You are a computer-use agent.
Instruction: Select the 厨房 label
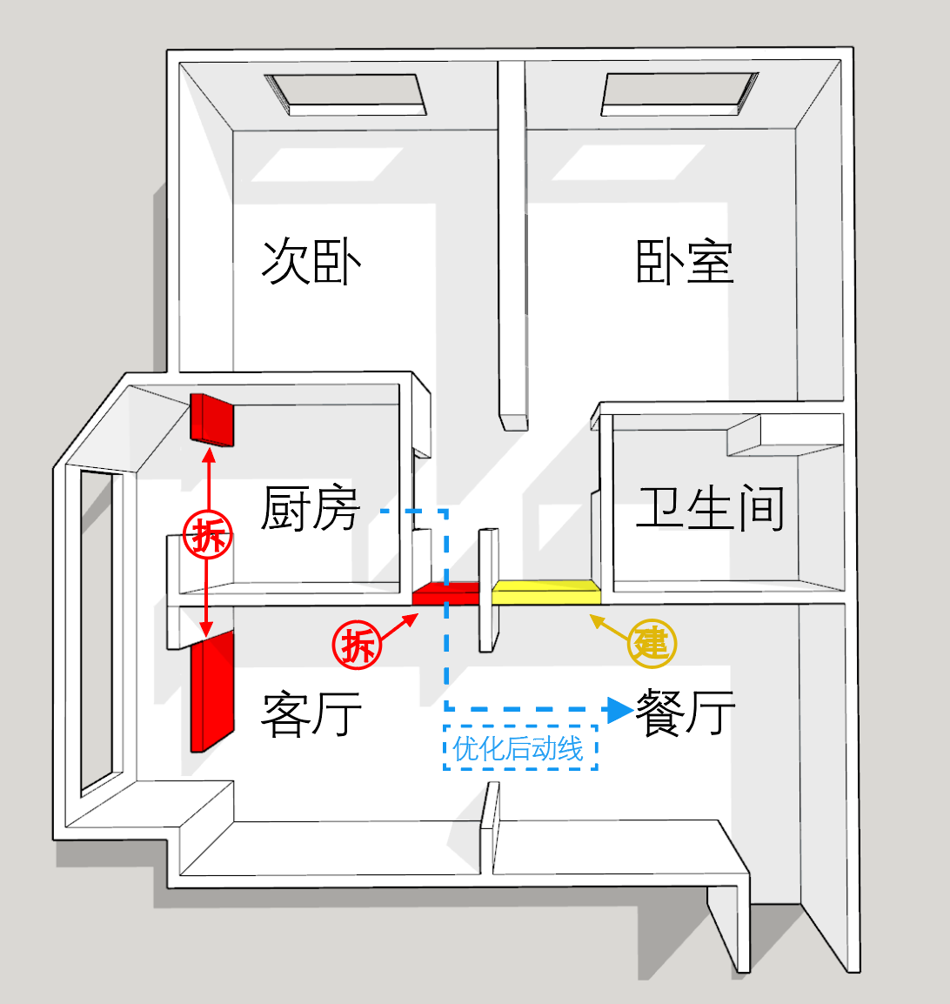[x=311, y=508]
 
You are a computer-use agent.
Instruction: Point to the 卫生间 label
[x=710, y=508]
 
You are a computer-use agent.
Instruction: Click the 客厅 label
[x=311, y=713]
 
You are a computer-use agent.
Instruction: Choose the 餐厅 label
[x=685, y=712]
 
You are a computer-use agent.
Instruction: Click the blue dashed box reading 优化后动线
[x=520, y=748]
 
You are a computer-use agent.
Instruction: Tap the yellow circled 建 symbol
[x=652, y=644]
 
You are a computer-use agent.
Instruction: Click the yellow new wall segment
[x=546, y=592]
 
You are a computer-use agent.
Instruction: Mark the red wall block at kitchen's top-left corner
[x=212, y=419]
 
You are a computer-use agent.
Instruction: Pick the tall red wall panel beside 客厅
[x=212, y=692]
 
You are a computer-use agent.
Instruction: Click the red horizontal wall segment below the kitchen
[x=445, y=593]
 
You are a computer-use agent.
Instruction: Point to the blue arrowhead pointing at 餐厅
[x=619, y=709]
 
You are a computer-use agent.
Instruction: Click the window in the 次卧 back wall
[x=346, y=94]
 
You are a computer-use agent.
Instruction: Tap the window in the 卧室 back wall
[x=679, y=93]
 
